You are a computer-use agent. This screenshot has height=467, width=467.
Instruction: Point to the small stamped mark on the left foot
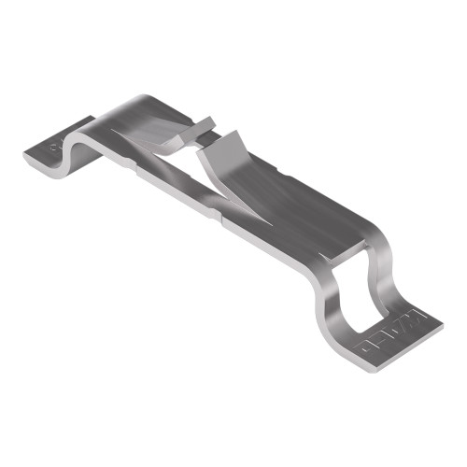point(54,147)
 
